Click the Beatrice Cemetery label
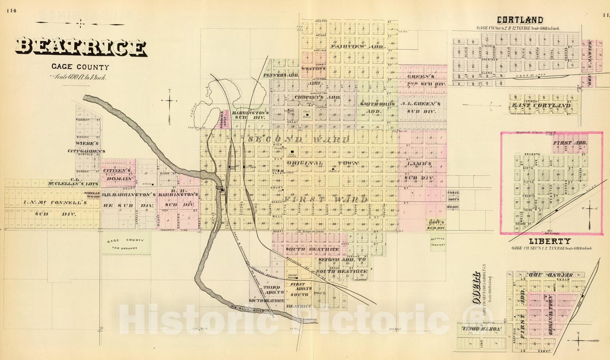point(438,242)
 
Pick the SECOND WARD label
point(298,140)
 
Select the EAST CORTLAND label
point(541,105)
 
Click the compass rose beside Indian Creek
point(170,101)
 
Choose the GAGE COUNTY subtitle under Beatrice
point(80,67)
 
